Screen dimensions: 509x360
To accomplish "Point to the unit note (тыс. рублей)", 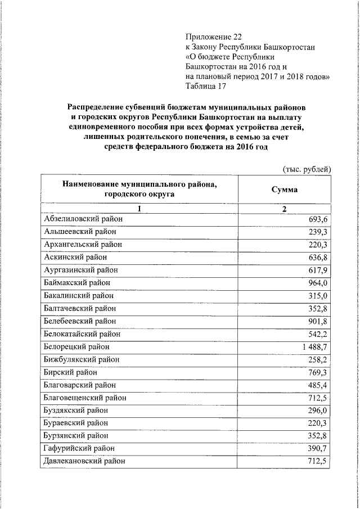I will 305,169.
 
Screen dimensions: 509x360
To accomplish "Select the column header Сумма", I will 285,190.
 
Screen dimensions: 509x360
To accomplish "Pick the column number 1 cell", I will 139,209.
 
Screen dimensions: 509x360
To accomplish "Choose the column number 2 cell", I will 285,209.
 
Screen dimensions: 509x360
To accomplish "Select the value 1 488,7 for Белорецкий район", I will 314,346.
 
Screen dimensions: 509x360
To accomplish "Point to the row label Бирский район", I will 70,372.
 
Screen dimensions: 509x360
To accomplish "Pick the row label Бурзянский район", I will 76,435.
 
